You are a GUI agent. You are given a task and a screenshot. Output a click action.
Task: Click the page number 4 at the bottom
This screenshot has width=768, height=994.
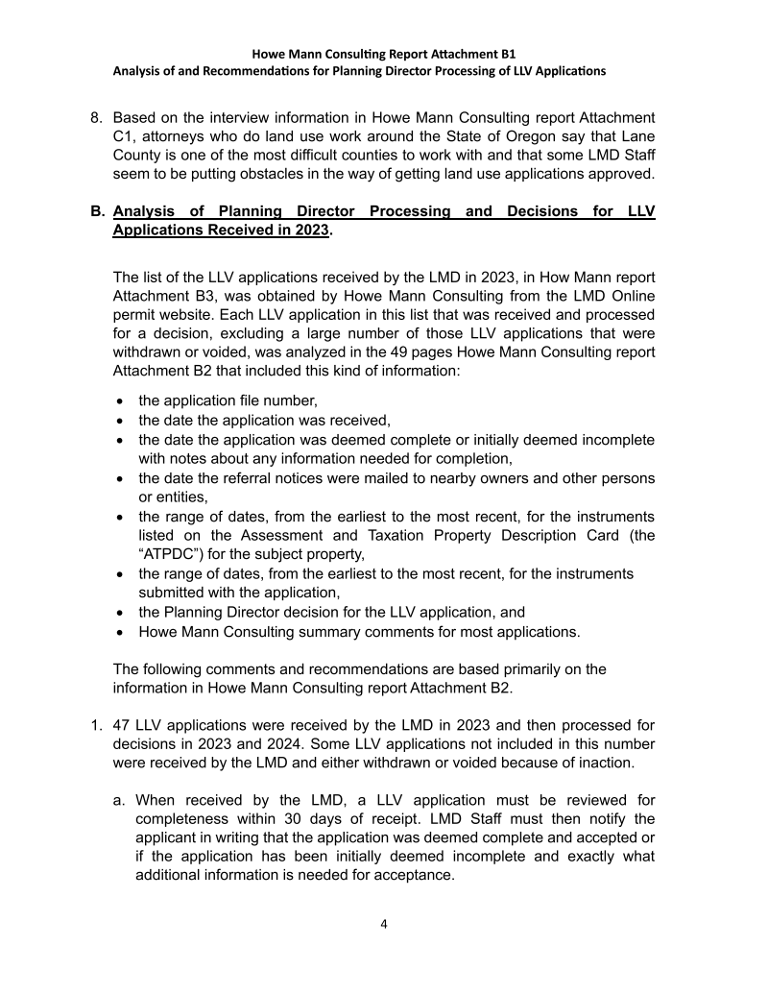click(384, 925)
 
